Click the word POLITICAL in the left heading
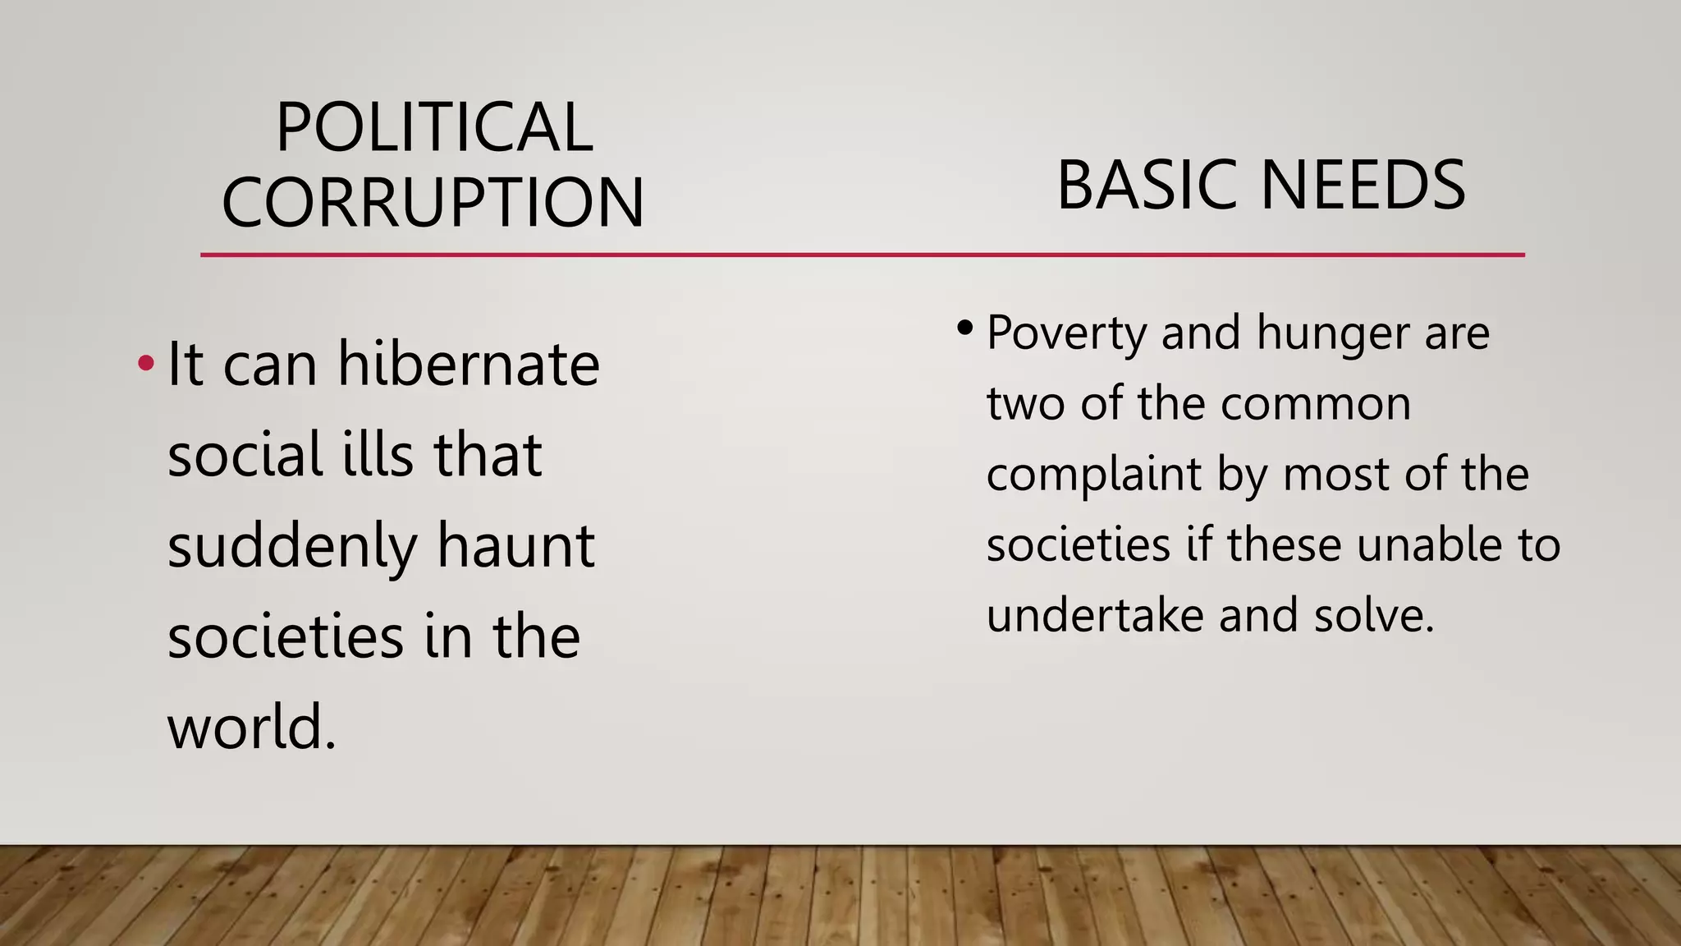pos(434,128)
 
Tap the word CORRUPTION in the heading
pos(433,202)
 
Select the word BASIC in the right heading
pos(1149,186)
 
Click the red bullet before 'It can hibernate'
pos(145,362)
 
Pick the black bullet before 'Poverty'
pos(964,329)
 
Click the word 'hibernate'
pos(469,364)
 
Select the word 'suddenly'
pos(292,547)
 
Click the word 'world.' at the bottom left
pos(252,728)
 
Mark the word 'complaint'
pos(1093,475)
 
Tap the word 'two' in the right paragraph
pos(1026,404)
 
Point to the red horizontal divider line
pos(862,255)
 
